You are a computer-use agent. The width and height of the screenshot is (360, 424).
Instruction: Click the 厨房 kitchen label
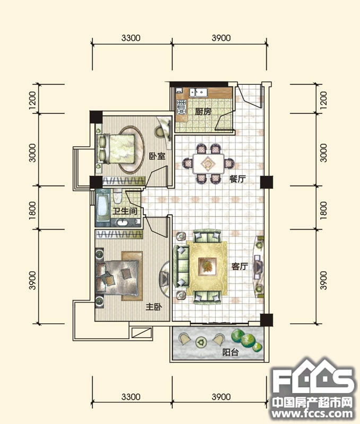203,111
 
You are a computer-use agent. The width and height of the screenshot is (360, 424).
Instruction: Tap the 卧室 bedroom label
157,156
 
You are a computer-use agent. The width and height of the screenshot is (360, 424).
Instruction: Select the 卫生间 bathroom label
125,211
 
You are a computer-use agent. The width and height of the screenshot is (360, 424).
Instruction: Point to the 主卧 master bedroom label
154,307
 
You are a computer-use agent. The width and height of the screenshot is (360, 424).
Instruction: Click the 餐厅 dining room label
238,179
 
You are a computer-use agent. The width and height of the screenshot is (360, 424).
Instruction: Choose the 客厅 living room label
240,267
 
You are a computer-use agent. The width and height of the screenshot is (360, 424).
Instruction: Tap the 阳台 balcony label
231,352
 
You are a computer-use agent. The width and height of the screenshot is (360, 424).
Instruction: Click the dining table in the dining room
208,164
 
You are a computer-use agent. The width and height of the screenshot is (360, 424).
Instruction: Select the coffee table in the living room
207,267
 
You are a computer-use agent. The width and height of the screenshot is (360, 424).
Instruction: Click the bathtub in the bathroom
103,206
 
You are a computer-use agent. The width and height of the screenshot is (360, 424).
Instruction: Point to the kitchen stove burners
181,107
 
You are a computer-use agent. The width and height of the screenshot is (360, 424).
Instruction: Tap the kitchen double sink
198,92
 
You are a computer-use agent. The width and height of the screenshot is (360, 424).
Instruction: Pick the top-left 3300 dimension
131,38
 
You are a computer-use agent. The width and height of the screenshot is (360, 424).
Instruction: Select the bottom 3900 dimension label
221,396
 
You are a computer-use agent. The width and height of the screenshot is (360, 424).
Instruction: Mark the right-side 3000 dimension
323,153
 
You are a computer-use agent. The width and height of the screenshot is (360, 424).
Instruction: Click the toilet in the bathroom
117,196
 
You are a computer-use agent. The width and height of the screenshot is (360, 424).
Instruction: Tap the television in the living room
258,267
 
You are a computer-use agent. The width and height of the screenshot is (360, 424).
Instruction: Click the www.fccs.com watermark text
312,414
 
